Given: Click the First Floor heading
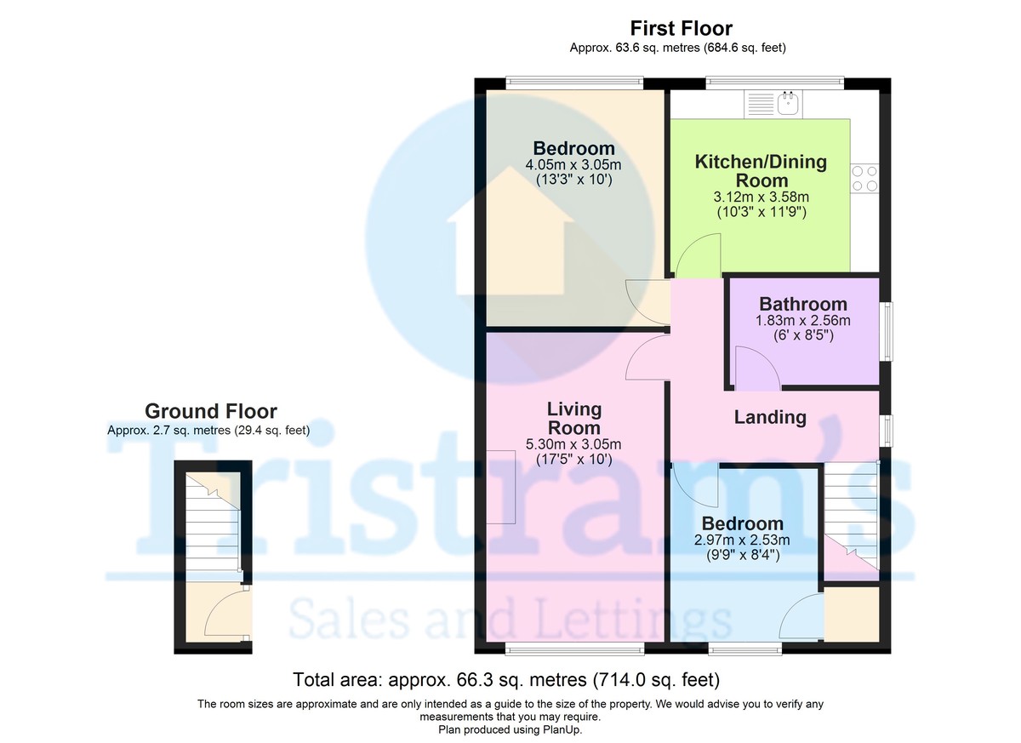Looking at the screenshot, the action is (x=681, y=29).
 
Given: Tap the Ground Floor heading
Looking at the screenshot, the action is (x=211, y=412).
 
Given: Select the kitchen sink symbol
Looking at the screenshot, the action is (x=773, y=104).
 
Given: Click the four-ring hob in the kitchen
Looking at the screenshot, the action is (x=864, y=178).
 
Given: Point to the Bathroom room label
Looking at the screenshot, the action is (x=803, y=304).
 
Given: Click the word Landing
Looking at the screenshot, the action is (x=770, y=418).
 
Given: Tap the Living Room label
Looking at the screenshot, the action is (x=573, y=419).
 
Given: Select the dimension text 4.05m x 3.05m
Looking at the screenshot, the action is (x=573, y=164).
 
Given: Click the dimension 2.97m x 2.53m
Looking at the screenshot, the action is (x=742, y=540).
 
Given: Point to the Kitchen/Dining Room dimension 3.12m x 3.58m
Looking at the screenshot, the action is (x=761, y=197).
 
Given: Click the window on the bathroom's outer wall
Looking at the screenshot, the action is (x=888, y=331).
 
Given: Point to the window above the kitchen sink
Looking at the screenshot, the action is (x=774, y=82).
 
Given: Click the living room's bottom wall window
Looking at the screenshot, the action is (x=574, y=649).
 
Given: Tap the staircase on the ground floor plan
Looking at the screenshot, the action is (x=213, y=527).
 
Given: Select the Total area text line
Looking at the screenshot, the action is (x=506, y=680).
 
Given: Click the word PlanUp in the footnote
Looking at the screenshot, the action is (x=562, y=729).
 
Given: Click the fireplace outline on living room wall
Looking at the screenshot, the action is (x=501, y=487).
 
